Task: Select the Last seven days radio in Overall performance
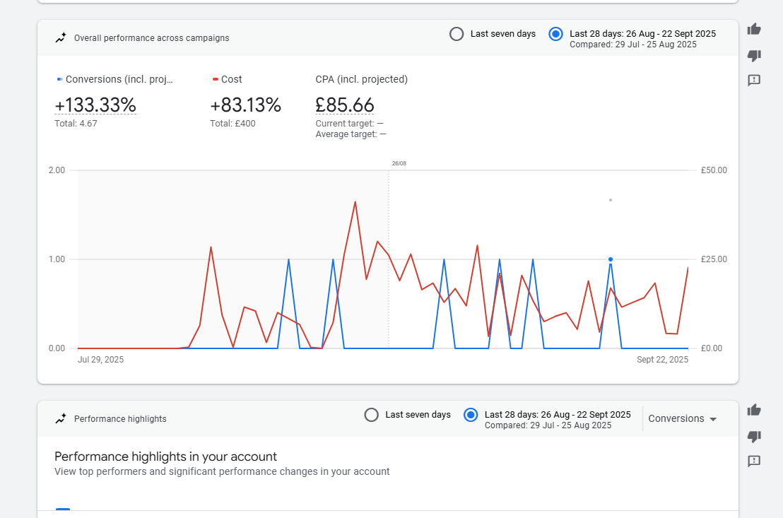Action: [x=457, y=34]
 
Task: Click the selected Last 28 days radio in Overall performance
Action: [x=555, y=34]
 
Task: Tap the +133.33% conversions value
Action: [x=95, y=105]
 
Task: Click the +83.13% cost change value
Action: [x=245, y=105]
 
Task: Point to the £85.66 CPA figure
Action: [x=344, y=105]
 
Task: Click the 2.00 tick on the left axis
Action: [x=57, y=170]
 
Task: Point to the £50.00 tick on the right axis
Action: [x=714, y=170]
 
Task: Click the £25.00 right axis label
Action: [x=714, y=259]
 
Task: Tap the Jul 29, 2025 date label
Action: [x=100, y=360]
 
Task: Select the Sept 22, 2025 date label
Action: [x=662, y=360]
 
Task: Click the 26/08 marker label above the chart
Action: [x=399, y=163]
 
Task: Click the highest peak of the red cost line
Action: [x=355, y=202]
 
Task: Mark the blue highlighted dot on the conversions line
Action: [x=611, y=259]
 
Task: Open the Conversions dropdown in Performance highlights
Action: [x=683, y=418]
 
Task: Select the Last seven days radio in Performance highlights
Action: [x=372, y=415]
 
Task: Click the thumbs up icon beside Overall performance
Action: [x=754, y=29]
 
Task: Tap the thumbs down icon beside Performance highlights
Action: [x=754, y=436]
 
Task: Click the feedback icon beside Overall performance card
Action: [x=754, y=80]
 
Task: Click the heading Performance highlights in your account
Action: [x=165, y=457]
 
